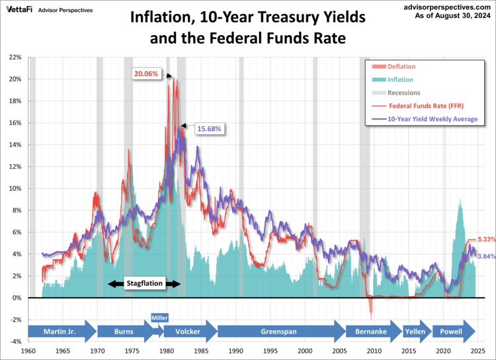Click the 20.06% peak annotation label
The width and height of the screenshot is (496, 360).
tap(145, 73)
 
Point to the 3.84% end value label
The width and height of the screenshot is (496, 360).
tap(486, 256)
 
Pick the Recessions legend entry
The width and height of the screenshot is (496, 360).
tap(403, 93)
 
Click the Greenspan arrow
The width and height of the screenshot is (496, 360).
tap(278, 330)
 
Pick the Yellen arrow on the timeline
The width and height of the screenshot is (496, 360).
tap(415, 330)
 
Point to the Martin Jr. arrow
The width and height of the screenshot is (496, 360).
tap(62, 330)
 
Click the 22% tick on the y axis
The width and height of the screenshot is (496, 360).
tap(15, 57)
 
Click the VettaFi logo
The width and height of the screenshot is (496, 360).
tap(18, 10)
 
